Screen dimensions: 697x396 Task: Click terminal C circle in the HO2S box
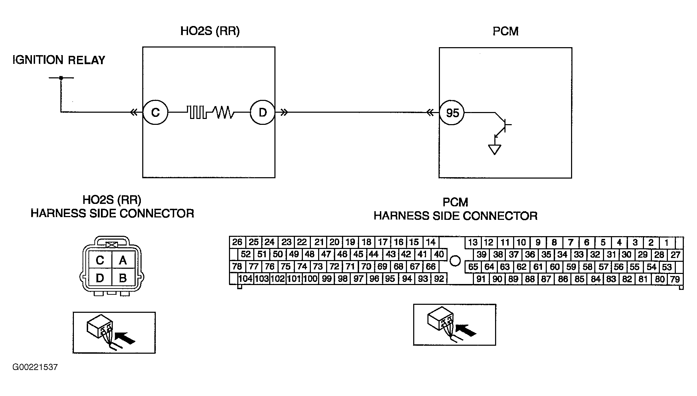[x=155, y=112]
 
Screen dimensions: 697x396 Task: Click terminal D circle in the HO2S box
[x=263, y=112]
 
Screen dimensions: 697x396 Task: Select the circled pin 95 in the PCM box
[x=452, y=113]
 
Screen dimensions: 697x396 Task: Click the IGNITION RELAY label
[x=59, y=60]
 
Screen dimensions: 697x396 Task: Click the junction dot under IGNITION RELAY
[x=61, y=78]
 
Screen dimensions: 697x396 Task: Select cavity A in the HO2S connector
[x=123, y=260]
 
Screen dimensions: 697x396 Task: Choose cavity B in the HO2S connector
[x=123, y=278]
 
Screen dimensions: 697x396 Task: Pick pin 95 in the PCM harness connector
[x=390, y=279]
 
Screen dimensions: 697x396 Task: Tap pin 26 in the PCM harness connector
[x=237, y=242]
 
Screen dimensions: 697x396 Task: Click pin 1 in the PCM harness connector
[x=666, y=242]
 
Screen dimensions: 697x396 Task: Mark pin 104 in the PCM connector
[x=246, y=279]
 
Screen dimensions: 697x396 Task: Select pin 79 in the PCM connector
[x=675, y=279]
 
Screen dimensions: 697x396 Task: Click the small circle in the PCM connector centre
[x=455, y=260]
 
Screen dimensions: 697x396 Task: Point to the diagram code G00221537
[x=35, y=367]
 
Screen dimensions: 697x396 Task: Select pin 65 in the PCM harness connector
[x=473, y=267]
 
